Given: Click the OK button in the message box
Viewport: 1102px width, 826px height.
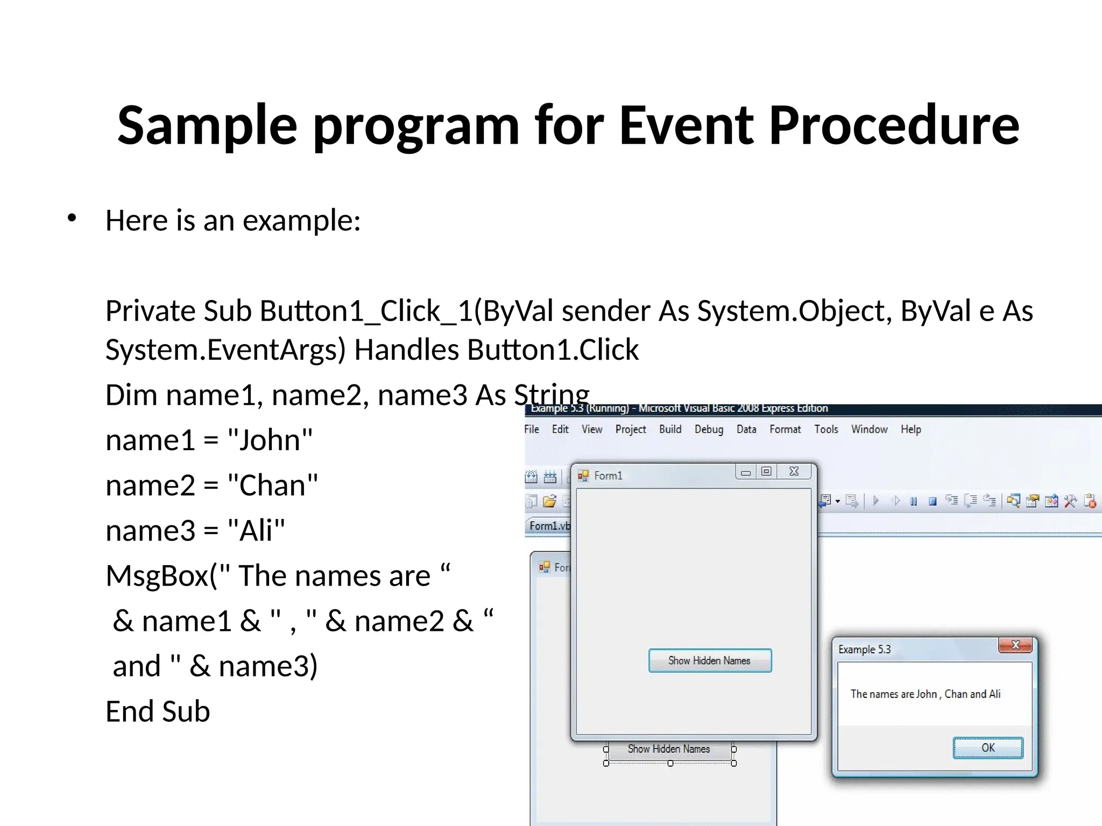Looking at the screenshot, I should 988,747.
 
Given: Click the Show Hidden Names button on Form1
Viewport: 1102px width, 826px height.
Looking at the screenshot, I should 710,660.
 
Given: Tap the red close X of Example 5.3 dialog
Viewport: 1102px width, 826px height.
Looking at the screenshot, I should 1015,645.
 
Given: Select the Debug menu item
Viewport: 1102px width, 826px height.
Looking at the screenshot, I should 709,429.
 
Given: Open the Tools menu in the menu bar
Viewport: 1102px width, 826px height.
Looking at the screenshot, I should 826,429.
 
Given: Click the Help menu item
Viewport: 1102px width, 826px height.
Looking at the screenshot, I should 911,429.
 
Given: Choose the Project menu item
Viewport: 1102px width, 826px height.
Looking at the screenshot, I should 631,429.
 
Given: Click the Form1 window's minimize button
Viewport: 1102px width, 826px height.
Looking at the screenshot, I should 746,472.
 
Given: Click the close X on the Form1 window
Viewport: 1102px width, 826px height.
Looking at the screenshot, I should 794,472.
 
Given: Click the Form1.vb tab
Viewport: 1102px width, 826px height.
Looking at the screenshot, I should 549,525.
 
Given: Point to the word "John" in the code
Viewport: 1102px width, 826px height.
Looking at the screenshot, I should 269,440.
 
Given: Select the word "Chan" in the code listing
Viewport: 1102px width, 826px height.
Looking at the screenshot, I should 272,485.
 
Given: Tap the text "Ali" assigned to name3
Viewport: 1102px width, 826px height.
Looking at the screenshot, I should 256,530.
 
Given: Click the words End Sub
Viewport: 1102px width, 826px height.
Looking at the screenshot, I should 158,711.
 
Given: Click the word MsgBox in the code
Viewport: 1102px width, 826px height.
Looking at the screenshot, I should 157,575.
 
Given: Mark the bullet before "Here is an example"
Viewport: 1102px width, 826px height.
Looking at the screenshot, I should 72,218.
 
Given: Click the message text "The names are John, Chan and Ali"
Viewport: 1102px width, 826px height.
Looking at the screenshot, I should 925,694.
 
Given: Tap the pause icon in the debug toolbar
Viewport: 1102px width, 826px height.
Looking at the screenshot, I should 914,501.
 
